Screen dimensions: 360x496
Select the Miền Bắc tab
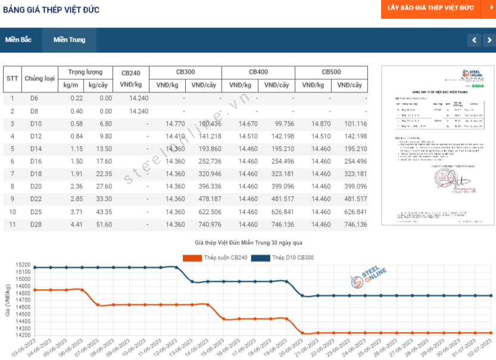click(x=18, y=40)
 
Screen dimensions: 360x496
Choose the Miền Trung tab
click(x=69, y=40)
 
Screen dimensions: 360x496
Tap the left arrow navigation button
click(x=474, y=40)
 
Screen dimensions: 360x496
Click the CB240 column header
click(x=131, y=73)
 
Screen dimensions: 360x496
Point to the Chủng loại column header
click(x=40, y=79)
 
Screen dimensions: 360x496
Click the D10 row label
click(x=36, y=124)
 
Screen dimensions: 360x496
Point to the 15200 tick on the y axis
click(x=23, y=265)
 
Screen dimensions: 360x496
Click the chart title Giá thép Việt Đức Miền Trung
click(x=249, y=244)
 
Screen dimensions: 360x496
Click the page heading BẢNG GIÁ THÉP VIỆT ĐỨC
click(x=51, y=10)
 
